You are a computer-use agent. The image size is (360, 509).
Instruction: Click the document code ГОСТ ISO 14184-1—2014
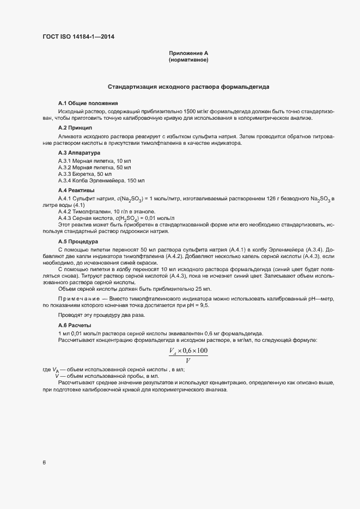point(78,37)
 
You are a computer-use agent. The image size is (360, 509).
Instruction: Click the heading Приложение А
point(189,53)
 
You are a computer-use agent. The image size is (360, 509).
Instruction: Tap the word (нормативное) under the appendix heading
point(189,60)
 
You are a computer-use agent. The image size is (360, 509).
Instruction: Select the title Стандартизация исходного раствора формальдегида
point(188,87)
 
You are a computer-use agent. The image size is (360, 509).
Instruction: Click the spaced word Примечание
point(79,300)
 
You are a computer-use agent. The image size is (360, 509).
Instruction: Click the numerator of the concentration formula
point(188,351)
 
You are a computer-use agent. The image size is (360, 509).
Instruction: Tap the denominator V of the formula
point(188,360)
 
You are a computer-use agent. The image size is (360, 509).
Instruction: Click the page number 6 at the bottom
point(44,463)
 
